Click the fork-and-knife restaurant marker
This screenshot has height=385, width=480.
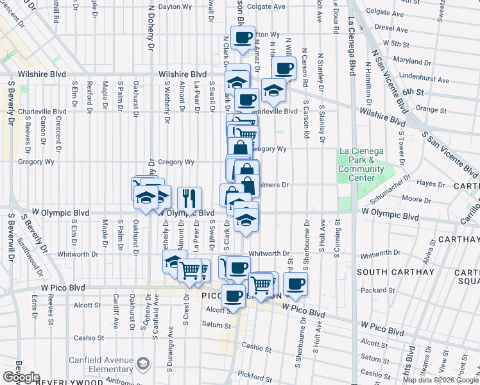click(189, 198)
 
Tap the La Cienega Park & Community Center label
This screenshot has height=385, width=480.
click(361, 165)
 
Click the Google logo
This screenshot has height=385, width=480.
click(21, 377)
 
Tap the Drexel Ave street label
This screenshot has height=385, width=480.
click(393, 28)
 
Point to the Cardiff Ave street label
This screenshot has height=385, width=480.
click(116, 311)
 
